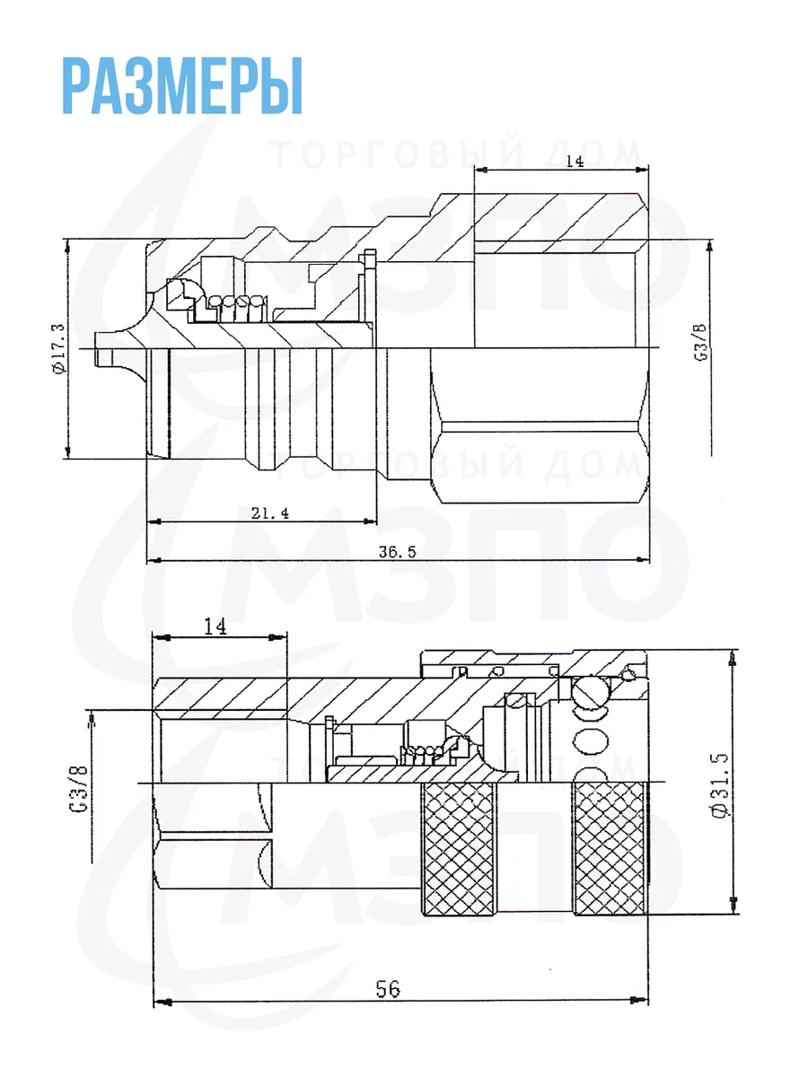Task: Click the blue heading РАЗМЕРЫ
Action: point(182,86)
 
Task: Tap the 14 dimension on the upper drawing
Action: point(575,162)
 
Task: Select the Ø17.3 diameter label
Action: point(57,349)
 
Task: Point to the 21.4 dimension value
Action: point(270,513)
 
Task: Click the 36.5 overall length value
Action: point(397,552)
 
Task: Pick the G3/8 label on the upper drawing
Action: point(702,343)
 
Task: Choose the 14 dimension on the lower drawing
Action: point(215,626)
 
